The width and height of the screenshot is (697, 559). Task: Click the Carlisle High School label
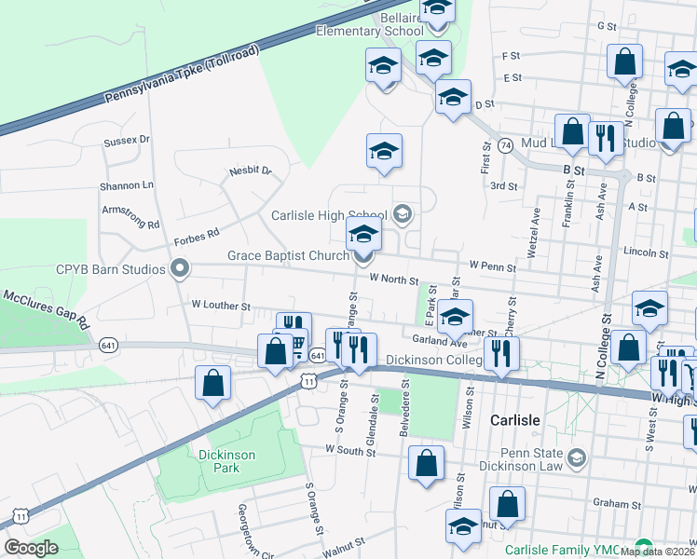click(x=330, y=215)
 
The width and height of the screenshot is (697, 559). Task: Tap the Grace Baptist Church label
click(x=287, y=255)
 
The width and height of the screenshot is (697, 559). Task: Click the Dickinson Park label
click(x=218, y=461)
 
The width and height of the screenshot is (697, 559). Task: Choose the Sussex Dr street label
click(x=127, y=141)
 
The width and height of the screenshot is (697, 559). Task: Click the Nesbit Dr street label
click(x=250, y=171)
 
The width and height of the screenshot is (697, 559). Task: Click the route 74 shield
click(x=505, y=146)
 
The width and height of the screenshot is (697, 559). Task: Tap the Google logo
click(x=31, y=548)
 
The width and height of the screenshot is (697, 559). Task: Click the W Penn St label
click(x=492, y=266)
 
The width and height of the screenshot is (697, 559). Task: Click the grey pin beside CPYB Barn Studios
click(x=179, y=270)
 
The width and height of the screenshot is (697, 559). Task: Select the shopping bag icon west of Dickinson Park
click(x=213, y=383)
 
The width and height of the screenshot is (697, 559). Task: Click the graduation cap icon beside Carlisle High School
click(x=403, y=215)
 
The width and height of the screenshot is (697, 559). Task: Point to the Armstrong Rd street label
click(x=131, y=217)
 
